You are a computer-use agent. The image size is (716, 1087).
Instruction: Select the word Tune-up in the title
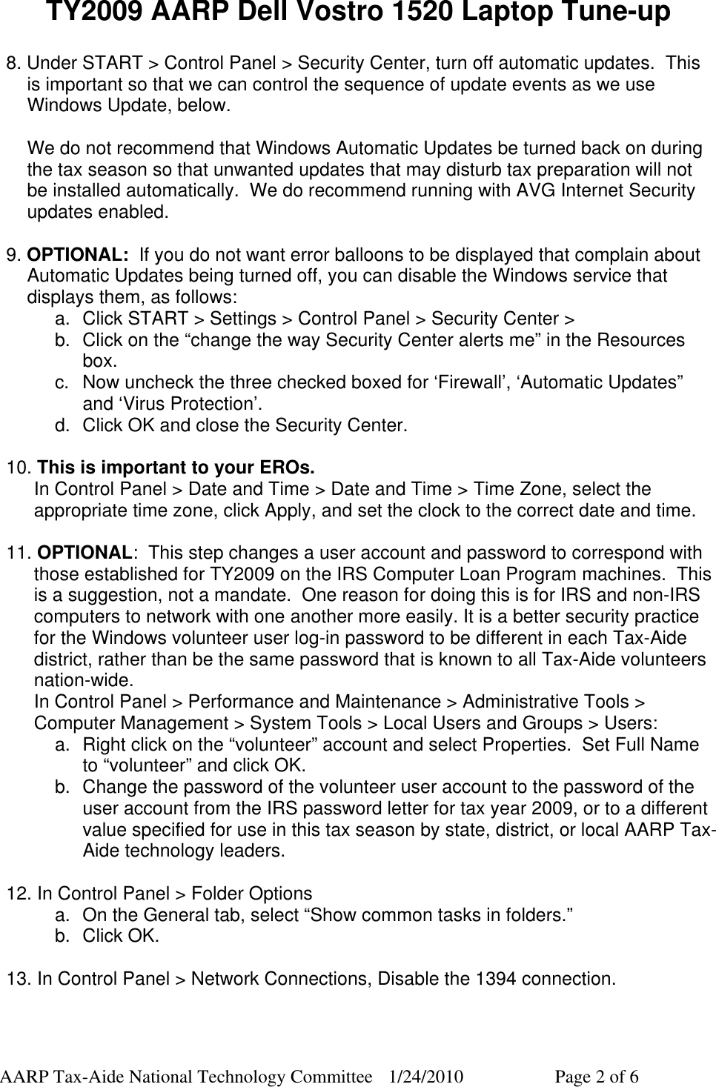pyautogui.click(x=606, y=13)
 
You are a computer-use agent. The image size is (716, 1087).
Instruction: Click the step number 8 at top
pyautogui.click(x=13, y=63)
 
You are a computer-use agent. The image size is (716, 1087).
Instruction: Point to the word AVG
pyautogui.click(x=530, y=191)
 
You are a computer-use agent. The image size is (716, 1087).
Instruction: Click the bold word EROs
pyautogui.click(x=287, y=468)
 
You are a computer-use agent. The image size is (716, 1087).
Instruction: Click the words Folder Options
pyautogui.click(x=251, y=894)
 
